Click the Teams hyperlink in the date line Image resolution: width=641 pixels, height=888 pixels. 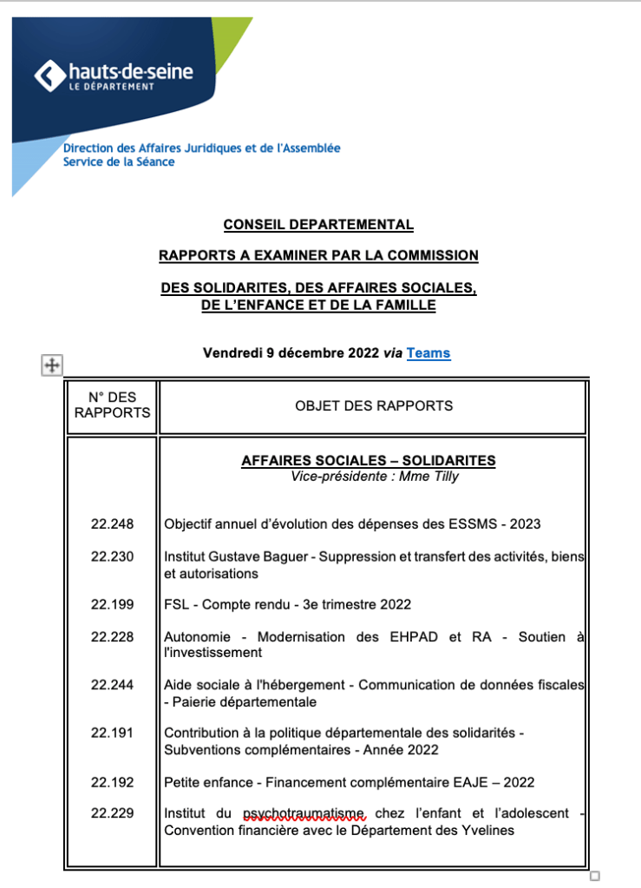point(428,353)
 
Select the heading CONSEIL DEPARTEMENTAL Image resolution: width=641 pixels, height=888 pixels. point(318,225)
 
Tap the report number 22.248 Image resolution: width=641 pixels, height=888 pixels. point(112,523)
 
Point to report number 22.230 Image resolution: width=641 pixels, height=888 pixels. point(112,556)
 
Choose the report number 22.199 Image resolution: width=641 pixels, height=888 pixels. point(112,604)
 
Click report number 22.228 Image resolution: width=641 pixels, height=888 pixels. point(112,636)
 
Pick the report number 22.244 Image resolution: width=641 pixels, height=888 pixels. point(112,685)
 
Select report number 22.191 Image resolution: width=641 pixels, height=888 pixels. point(112,733)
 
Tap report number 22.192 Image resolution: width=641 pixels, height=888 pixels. point(112,782)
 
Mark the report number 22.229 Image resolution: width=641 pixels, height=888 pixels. point(112,813)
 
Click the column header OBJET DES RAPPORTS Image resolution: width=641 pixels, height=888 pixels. point(374,405)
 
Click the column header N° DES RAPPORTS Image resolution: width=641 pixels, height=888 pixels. point(112,405)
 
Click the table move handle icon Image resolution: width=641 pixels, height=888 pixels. point(51,365)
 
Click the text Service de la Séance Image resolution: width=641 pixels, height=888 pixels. point(119,162)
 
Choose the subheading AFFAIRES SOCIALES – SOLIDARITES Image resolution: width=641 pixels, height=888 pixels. point(368,461)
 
